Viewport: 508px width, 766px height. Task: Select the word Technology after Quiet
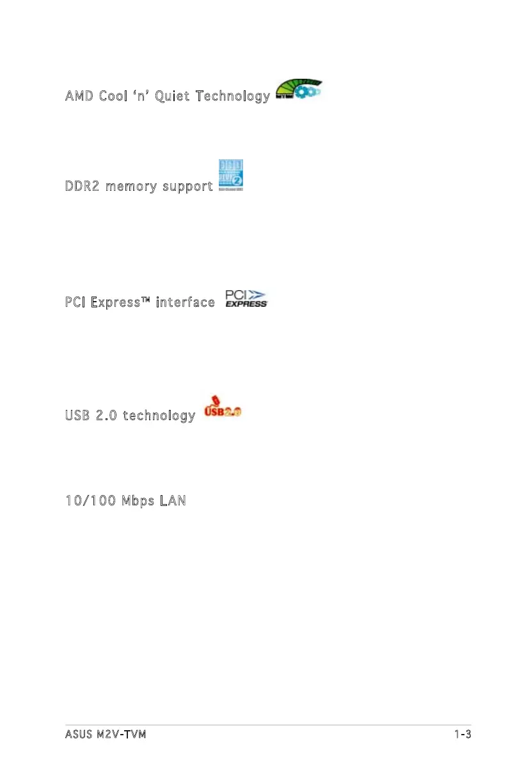coord(233,96)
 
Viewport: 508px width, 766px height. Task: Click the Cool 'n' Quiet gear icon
coord(298,92)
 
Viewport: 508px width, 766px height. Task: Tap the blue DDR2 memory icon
coord(231,175)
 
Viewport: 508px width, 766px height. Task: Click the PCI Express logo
coord(246,299)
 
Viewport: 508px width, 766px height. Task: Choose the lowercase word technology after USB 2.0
coord(159,416)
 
